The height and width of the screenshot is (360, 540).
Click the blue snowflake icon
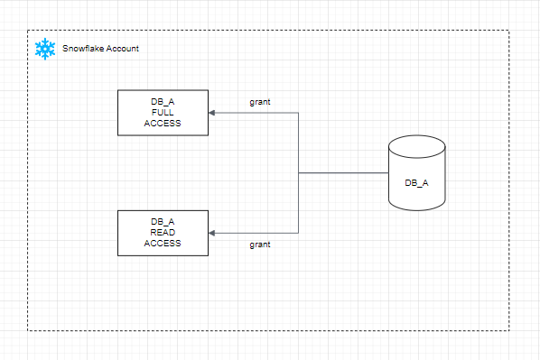tap(45, 49)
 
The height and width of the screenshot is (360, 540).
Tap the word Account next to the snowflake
tap(122, 49)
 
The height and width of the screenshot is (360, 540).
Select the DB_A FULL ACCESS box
tap(163, 113)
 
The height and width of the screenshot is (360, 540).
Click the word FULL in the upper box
tap(163, 113)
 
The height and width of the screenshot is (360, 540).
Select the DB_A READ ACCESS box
tap(163, 233)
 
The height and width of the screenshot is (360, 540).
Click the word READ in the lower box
tap(163, 232)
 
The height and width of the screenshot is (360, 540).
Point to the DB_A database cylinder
tap(417, 172)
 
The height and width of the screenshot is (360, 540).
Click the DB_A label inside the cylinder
tap(416, 183)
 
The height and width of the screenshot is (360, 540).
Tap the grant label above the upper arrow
tap(260, 102)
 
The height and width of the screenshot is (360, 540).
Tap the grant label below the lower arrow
tap(260, 245)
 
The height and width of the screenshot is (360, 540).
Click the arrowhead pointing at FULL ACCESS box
tap(212, 113)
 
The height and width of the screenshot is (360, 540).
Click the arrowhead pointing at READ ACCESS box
tap(212, 233)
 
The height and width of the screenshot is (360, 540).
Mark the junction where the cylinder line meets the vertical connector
tap(298, 172)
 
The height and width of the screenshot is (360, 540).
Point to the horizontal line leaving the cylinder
tap(343, 172)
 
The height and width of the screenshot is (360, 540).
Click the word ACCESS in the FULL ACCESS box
tap(163, 124)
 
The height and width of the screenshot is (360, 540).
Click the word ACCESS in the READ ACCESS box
tap(163, 244)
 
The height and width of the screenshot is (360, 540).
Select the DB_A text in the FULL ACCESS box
tap(163, 102)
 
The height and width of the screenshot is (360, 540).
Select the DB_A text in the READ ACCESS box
tap(163, 222)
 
